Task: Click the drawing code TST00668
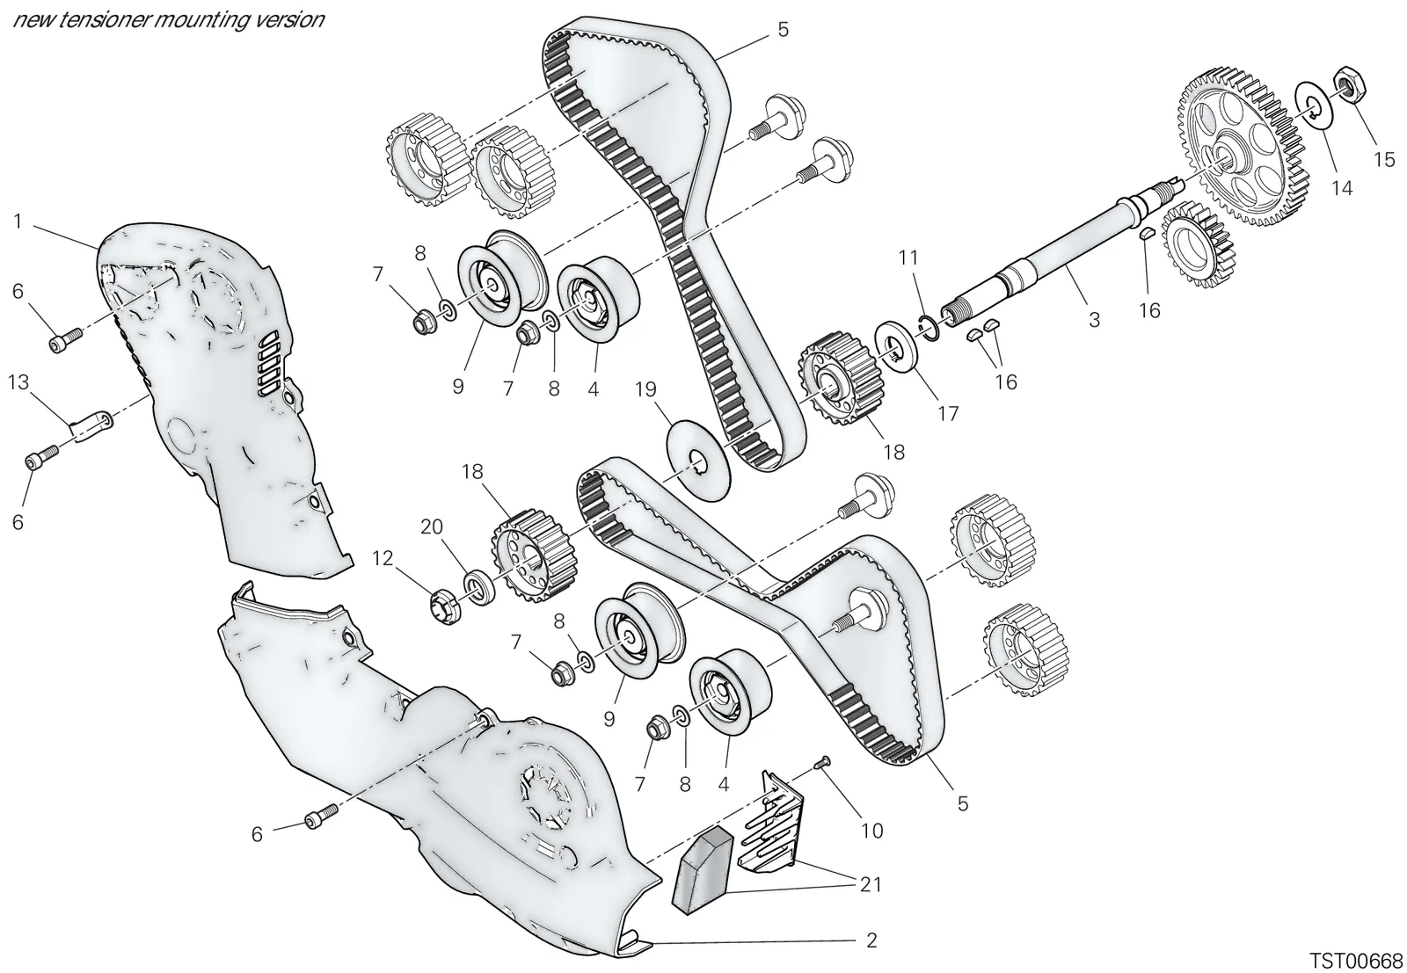tap(1355, 961)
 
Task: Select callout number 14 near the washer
tap(1342, 188)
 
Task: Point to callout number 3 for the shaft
tap(1094, 320)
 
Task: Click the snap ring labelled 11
tap(927, 329)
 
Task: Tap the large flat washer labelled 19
tap(698, 461)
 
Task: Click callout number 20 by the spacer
tap(432, 526)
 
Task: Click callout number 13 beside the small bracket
tap(18, 381)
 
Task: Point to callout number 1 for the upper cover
tap(18, 221)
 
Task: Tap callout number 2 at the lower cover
tap(871, 940)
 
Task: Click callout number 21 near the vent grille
tap(871, 884)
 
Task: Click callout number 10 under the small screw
tap(871, 831)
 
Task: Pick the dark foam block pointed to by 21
tap(703, 870)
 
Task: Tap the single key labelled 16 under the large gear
tap(1147, 233)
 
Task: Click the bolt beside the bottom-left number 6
tap(321, 815)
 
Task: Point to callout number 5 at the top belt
tap(783, 30)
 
